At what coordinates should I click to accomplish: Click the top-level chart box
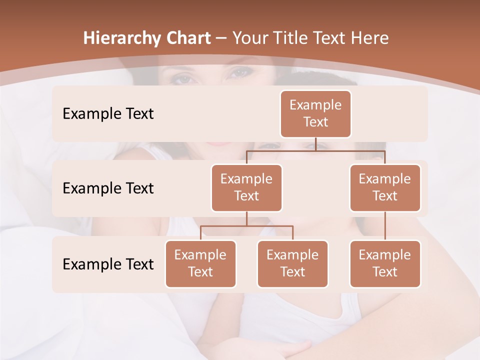pyautogui.click(x=315, y=114)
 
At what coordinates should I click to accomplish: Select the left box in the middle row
pyautogui.click(x=246, y=188)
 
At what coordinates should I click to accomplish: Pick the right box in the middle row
pyautogui.click(x=385, y=188)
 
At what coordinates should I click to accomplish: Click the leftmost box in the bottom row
pyautogui.click(x=200, y=264)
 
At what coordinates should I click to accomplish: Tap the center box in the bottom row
pyautogui.click(x=292, y=264)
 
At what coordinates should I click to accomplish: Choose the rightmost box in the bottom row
pyautogui.click(x=385, y=264)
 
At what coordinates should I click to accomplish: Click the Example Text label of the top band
pyautogui.click(x=108, y=114)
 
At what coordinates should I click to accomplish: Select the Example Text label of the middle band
pyautogui.click(x=108, y=188)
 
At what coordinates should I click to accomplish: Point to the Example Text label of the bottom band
pyautogui.click(x=108, y=264)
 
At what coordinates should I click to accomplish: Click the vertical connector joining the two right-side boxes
pyautogui.click(x=385, y=226)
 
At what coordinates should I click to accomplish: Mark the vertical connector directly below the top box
pyautogui.click(x=315, y=144)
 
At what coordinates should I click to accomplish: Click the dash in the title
pyautogui.click(x=221, y=38)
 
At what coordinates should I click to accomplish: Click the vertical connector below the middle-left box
pyautogui.click(x=246, y=218)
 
